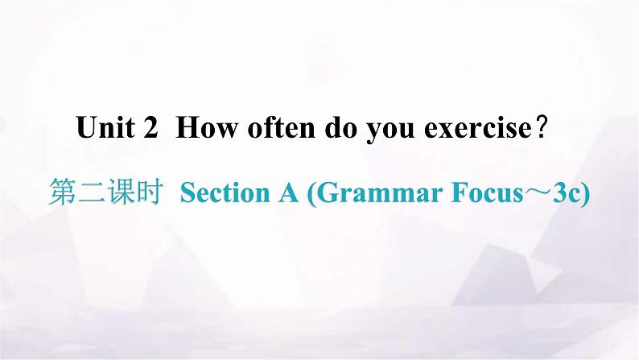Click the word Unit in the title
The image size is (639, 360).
[105, 127]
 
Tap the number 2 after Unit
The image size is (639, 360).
[150, 127]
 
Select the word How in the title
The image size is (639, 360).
[206, 127]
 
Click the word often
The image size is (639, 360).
[281, 127]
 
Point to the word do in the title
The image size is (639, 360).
[340, 127]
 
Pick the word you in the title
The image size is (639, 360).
[390, 130]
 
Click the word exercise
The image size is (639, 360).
[477, 127]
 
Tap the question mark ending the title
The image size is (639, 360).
[542, 127]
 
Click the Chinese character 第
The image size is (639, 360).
[62, 192]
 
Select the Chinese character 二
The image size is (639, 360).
[92, 192]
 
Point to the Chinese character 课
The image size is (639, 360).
[121, 192]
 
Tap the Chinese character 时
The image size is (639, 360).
[150, 192]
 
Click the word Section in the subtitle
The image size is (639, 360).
[225, 192]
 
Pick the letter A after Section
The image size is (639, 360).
[289, 192]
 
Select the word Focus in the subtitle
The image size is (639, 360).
[488, 192]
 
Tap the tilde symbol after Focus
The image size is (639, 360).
[538, 192]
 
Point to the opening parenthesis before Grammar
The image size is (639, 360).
[311, 193]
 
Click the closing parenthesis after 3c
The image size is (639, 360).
[586, 193]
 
